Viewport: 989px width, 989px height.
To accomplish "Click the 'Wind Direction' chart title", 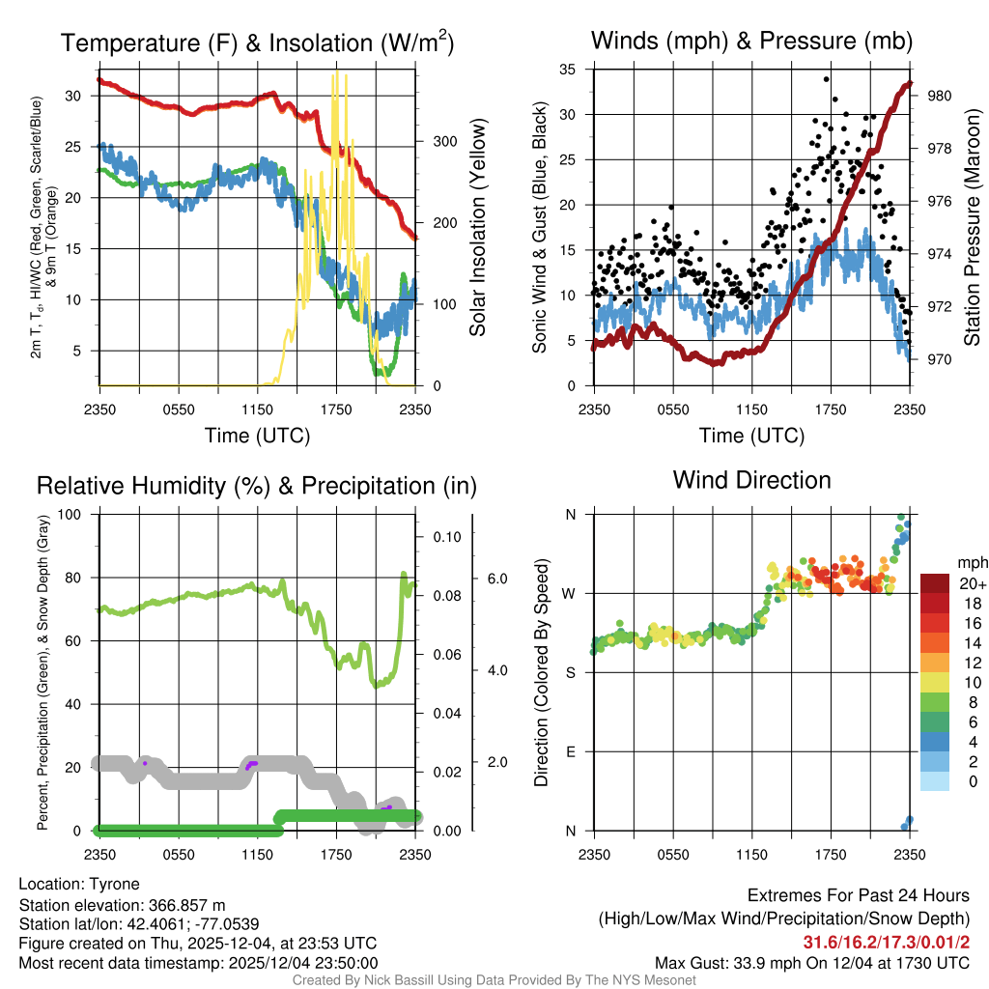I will [x=751, y=480].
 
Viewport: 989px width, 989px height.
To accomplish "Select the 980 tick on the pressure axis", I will [x=940, y=96].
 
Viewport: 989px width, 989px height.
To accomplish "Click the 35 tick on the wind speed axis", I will [x=568, y=69].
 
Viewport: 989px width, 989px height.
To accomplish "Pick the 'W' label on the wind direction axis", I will [x=571, y=593].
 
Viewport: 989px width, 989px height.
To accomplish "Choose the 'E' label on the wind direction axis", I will [x=571, y=751].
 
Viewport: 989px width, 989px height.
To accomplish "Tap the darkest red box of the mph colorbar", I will [x=935, y=583].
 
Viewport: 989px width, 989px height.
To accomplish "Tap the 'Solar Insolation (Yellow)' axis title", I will [x=477, y=227].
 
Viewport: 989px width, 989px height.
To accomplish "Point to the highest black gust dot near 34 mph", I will [x=827, y=79].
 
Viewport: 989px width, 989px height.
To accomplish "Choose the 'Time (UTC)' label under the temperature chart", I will [x=257, y=436].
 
